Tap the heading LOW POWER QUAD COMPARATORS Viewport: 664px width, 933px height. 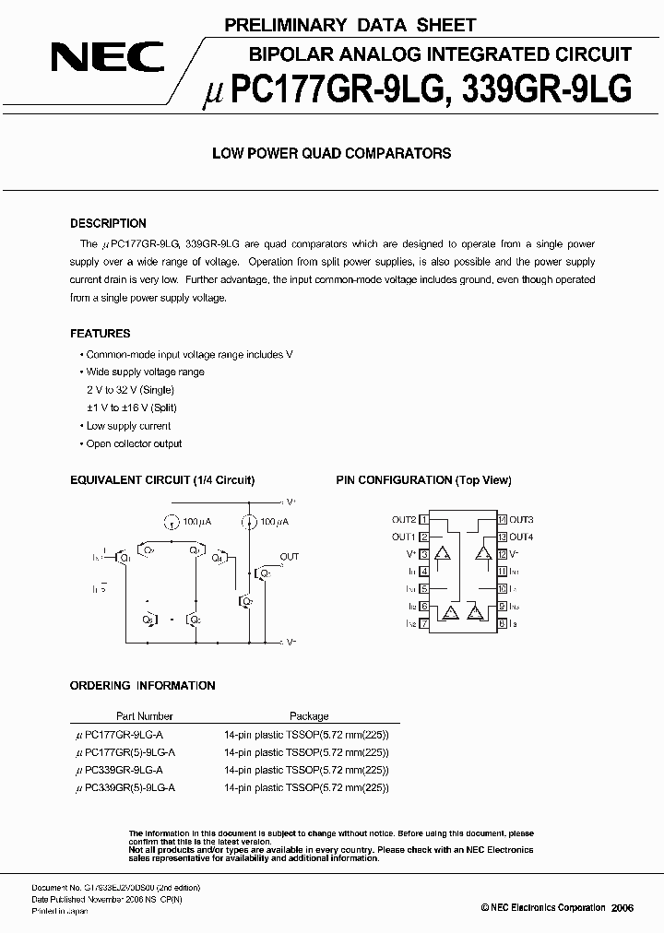[x=332, y=153]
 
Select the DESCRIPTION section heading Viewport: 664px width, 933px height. [x=108, y=223]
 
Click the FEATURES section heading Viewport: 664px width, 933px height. [x=101, y=334]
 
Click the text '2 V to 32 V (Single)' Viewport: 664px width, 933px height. [x=136, y=390]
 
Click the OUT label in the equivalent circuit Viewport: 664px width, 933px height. [x=290, y=557]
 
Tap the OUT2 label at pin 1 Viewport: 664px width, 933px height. [x=404, y=520]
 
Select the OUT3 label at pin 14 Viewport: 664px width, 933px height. [x=521, y=520]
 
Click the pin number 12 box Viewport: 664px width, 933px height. [x=503, y=554]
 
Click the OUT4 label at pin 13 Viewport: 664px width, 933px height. [x=521, y=537]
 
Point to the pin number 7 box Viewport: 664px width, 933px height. [x=423, y=624]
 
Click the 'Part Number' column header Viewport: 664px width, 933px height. [x=144, y=715]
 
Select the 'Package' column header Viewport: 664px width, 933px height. [x=309, y=715]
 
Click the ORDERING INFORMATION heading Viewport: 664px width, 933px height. [x=143, y=685]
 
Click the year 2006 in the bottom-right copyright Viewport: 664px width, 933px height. [x=622, y=908]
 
